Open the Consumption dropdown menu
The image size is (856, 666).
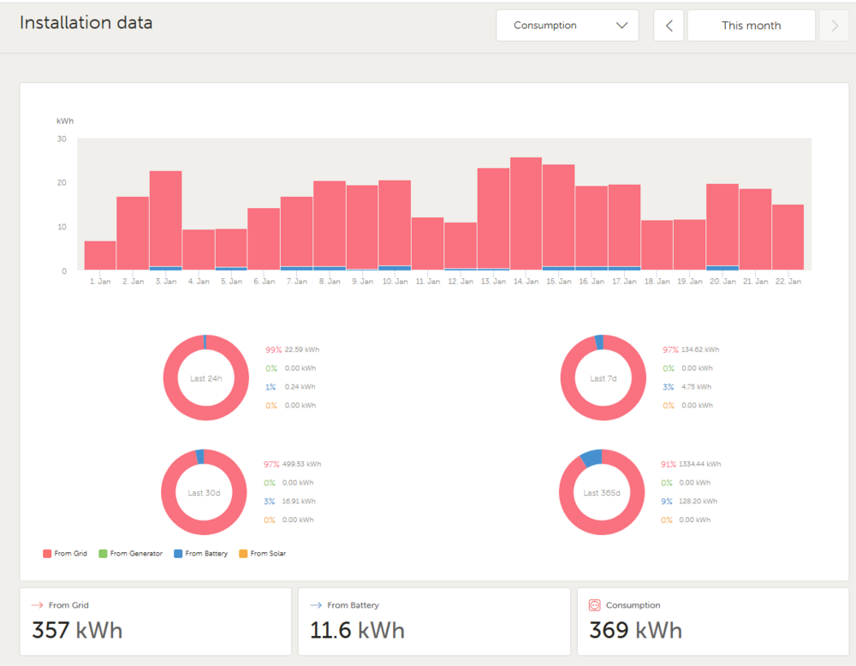point(568,26)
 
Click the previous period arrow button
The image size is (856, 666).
point(669,26)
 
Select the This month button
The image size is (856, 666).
point(751,26)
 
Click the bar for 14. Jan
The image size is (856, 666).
point(526,214)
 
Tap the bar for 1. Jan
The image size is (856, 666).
point(100,256)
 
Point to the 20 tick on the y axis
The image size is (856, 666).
point(62,182)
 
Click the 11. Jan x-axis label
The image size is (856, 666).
point(427,281)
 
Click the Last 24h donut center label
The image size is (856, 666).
point(205,378)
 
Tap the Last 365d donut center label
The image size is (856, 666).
point(602,493)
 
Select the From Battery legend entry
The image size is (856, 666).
point(200,554)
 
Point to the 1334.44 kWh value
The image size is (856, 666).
point(700,464)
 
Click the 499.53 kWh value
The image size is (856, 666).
point(301,464)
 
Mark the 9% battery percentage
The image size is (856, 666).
point(667,502)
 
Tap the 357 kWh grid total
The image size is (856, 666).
point(77,631)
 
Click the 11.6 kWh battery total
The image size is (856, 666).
point(357,631)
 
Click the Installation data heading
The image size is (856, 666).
point(86,23)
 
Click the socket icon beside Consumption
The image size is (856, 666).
point(595,605)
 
